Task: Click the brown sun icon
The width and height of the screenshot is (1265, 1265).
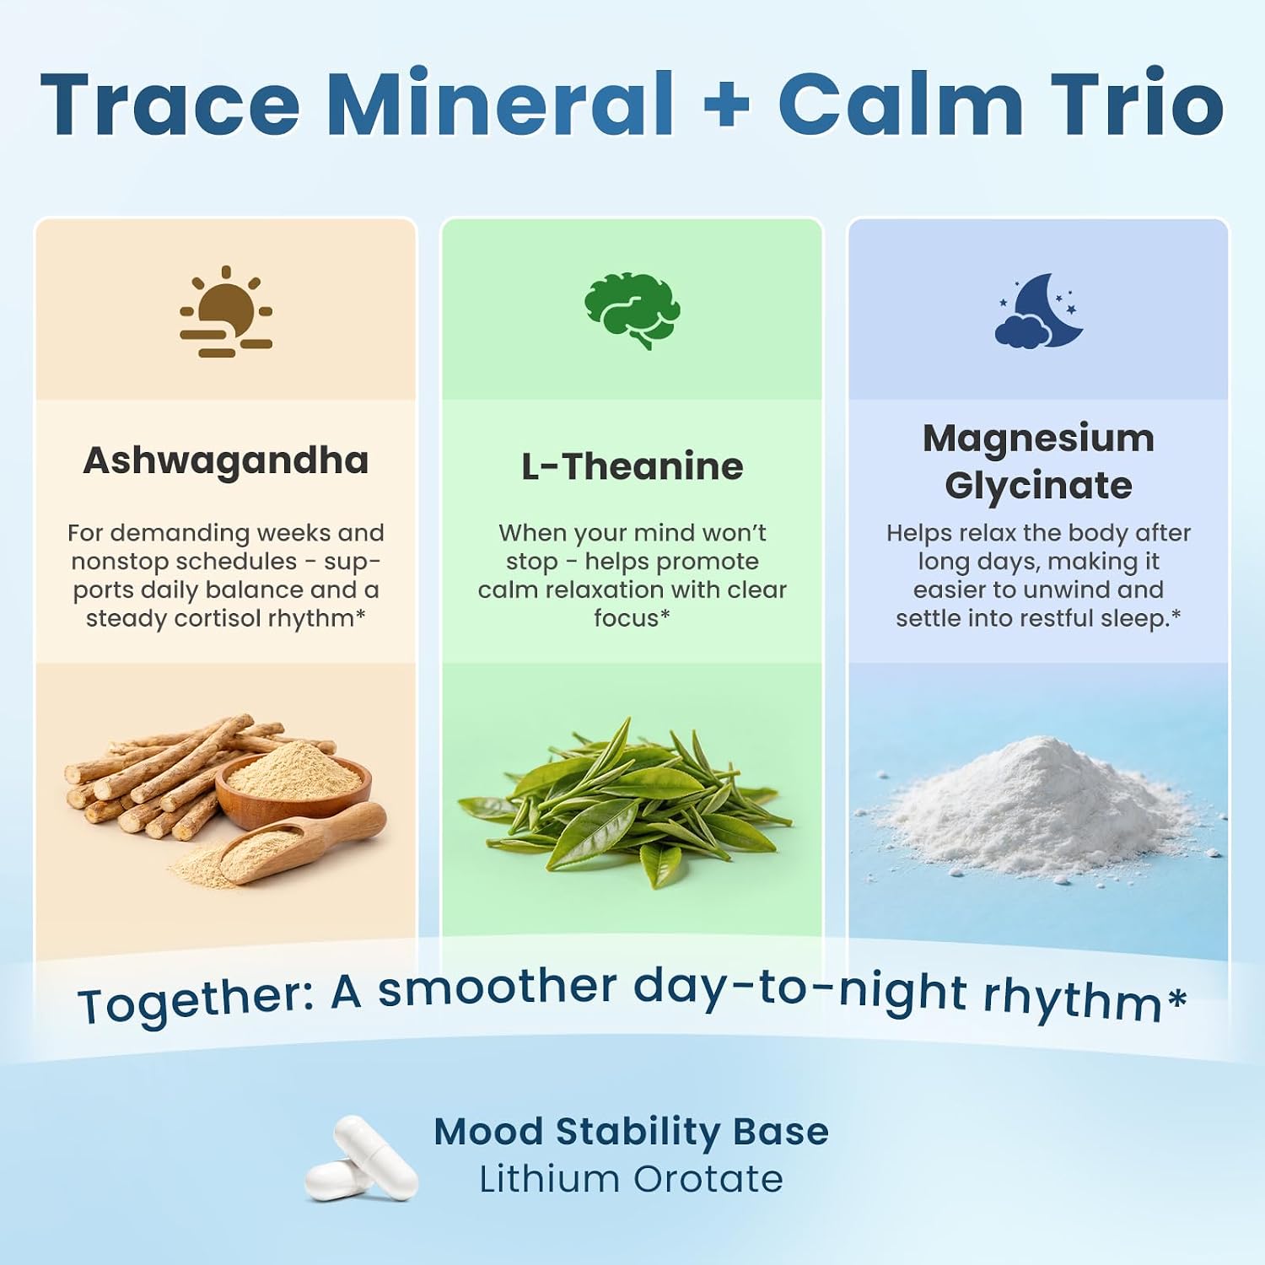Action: tap(226, 311)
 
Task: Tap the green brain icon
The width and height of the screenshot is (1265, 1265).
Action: tap(632, 310)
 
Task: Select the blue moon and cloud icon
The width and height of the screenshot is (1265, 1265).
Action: tap(1039, 310)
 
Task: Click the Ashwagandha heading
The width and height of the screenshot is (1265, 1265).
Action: tap(226, 461)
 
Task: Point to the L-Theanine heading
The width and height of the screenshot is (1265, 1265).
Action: tap(632, 466)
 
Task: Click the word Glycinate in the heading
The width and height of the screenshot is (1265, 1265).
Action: tap(1038, 487)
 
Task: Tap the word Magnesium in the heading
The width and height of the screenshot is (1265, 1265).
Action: tap(1038, 439)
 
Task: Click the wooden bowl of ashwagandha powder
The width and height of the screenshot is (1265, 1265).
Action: tap(293, 783)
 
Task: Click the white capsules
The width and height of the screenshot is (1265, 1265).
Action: tap(361, 1158)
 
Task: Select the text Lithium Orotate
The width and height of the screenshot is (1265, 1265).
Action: tap(631, 1180)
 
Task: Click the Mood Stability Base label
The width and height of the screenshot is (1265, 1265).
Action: tap(631, 1132)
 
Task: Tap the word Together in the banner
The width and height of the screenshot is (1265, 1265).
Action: tap(196, 1002)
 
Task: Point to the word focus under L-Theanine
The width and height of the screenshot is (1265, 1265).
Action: tap(626, 618)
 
